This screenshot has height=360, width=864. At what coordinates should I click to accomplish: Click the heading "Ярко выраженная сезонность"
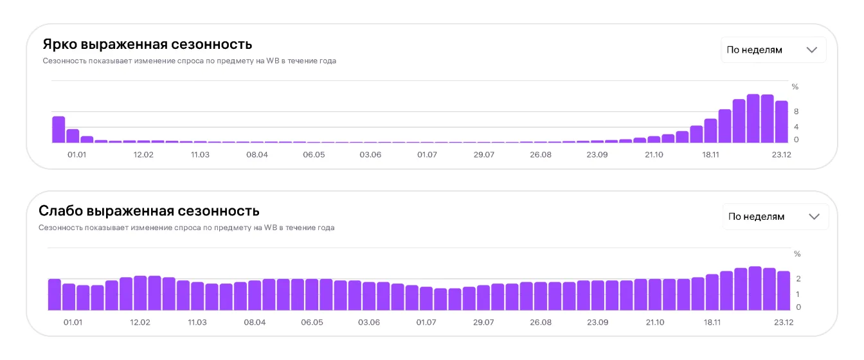coord(147,44)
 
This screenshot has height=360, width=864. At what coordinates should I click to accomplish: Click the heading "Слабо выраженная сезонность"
coord(149,211)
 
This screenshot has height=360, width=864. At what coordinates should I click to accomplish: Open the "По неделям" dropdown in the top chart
coord(773,50)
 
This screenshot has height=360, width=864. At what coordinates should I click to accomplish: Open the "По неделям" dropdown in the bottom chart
coord(775,217)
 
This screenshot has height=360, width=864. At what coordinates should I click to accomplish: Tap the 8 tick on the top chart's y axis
coord(795,111)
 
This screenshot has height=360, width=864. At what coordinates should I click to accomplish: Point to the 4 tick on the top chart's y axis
coord(795,127)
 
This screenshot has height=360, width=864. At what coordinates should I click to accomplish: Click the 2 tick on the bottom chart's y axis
coord(798,278)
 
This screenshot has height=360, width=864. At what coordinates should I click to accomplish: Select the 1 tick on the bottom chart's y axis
coord(798,294)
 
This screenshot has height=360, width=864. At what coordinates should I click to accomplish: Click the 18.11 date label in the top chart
coord(711,155)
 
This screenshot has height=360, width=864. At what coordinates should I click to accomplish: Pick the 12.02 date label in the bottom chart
coord(141,322)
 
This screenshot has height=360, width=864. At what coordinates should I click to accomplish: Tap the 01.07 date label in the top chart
coord(427,155)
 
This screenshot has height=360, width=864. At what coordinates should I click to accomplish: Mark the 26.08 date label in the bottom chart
coord(541,322)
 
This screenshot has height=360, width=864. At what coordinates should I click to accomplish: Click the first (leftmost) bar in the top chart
coord(59,129)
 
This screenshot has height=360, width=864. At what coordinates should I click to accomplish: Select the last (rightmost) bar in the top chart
coord(781,122)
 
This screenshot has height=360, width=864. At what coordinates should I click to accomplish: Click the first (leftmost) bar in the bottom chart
coord(55,294)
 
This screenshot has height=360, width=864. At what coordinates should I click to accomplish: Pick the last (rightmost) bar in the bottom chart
coord(784,291)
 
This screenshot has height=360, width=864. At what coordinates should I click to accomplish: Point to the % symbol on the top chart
coord(795,87)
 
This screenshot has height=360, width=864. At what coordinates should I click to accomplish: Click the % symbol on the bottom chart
coord(798,254)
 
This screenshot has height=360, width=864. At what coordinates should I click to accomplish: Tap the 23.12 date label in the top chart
coord(781,155)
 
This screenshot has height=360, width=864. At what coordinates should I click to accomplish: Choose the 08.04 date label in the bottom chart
coord(255,322)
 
